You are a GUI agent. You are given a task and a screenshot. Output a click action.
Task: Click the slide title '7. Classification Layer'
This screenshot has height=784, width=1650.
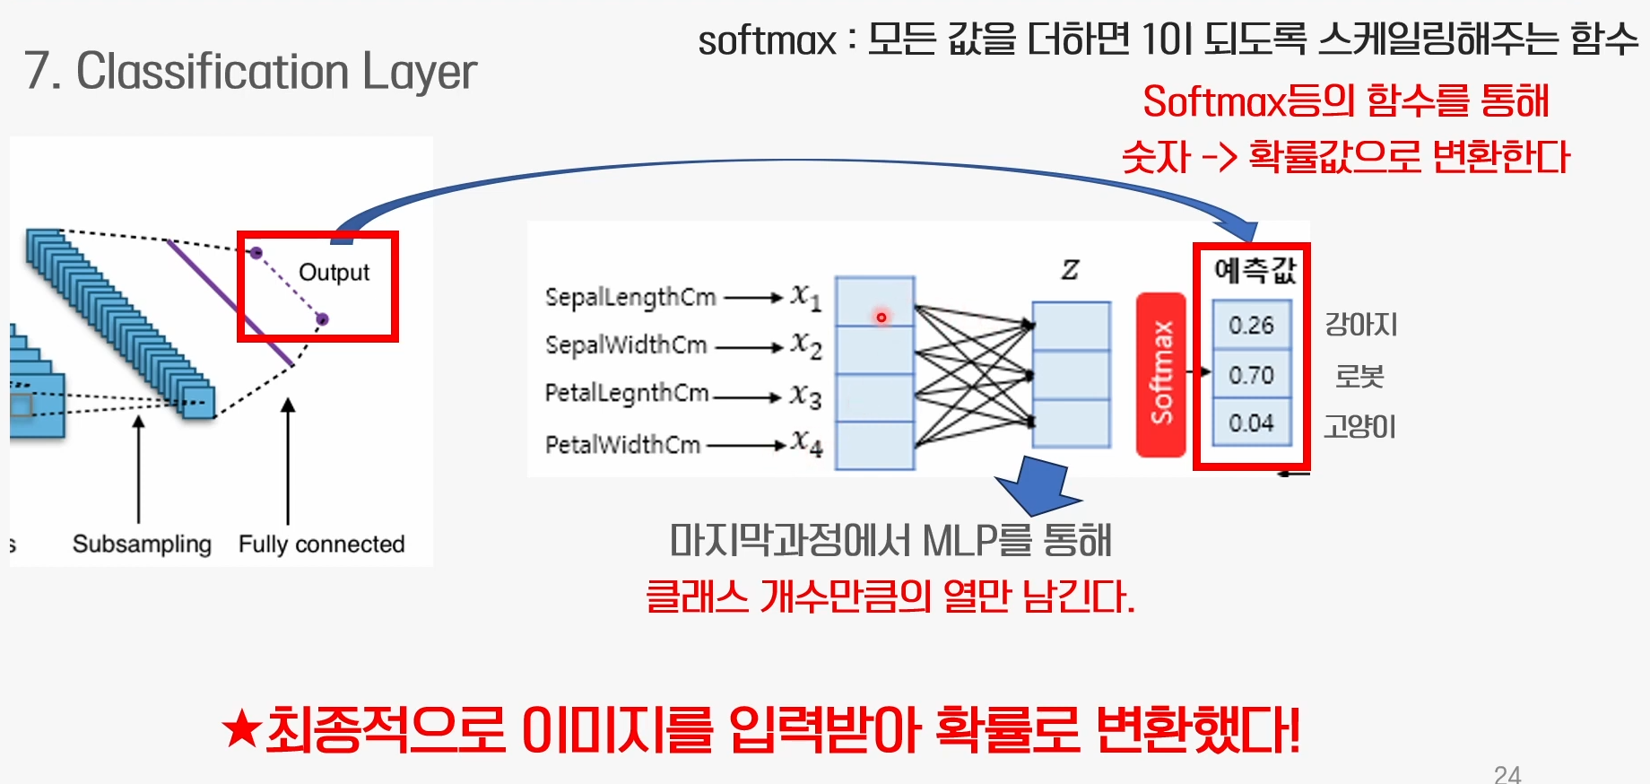pyautogui.click(x=250, y=72)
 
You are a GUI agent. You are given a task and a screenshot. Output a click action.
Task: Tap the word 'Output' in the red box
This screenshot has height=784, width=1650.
pyautogui.click(x=334, y=272)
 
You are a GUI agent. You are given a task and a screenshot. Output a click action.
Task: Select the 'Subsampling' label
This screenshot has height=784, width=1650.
pyautogui.click(x=142, y=544)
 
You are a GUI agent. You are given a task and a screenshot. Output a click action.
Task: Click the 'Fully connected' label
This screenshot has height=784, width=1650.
pyautogui.click(x=321, y=544)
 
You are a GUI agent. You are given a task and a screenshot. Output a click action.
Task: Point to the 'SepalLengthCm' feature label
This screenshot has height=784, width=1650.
pyautogui.click(x=630, y=297)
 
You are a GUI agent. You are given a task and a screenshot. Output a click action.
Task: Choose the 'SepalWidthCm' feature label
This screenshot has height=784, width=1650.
pyautogui.click(x=626, y=344)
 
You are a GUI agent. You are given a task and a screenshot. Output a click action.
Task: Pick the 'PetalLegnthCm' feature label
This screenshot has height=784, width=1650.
pyautogui.click(x=627, y=393)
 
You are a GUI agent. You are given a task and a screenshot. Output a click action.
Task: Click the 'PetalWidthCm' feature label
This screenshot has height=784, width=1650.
pyautogui.click(x=622, y=444)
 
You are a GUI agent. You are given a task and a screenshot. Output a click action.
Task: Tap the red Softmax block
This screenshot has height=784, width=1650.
pyautogui.click(x=1161, y=373)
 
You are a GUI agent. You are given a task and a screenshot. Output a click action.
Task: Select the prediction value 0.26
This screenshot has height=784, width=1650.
pyautogui.click(x=1251, y=325)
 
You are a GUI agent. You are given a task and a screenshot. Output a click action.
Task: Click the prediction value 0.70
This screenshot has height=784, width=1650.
pyautogui.click(x=1251, y=375)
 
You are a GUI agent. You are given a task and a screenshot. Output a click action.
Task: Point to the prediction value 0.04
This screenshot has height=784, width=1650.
pyautogui.click(x=1251, y=422)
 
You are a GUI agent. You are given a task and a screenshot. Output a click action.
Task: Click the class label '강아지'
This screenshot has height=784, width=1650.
pyautogui.click(x=1361, y=325)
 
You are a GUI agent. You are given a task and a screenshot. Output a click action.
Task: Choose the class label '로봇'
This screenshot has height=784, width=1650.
pyautogui.click(x=1359, y=375)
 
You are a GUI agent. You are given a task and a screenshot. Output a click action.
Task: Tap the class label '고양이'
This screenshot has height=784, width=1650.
pyautogui.click(x=1360, y=425)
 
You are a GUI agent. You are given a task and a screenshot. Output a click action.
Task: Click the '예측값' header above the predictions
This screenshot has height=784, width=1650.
pyautogui.click(x=1255, y=270)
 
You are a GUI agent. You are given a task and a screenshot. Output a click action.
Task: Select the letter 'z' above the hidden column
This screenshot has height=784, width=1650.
pyautogui.click(x=1070, y=269)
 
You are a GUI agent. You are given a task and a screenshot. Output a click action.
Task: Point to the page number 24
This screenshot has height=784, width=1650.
pyautogui.click(x=1507, y=774)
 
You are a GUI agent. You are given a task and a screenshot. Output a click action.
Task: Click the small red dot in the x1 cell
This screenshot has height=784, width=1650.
pyautogui.click(x=881, y=317)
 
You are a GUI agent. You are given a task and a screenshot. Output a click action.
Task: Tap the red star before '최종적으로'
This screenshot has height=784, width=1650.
pyautogui.click(x=242, y=728)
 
